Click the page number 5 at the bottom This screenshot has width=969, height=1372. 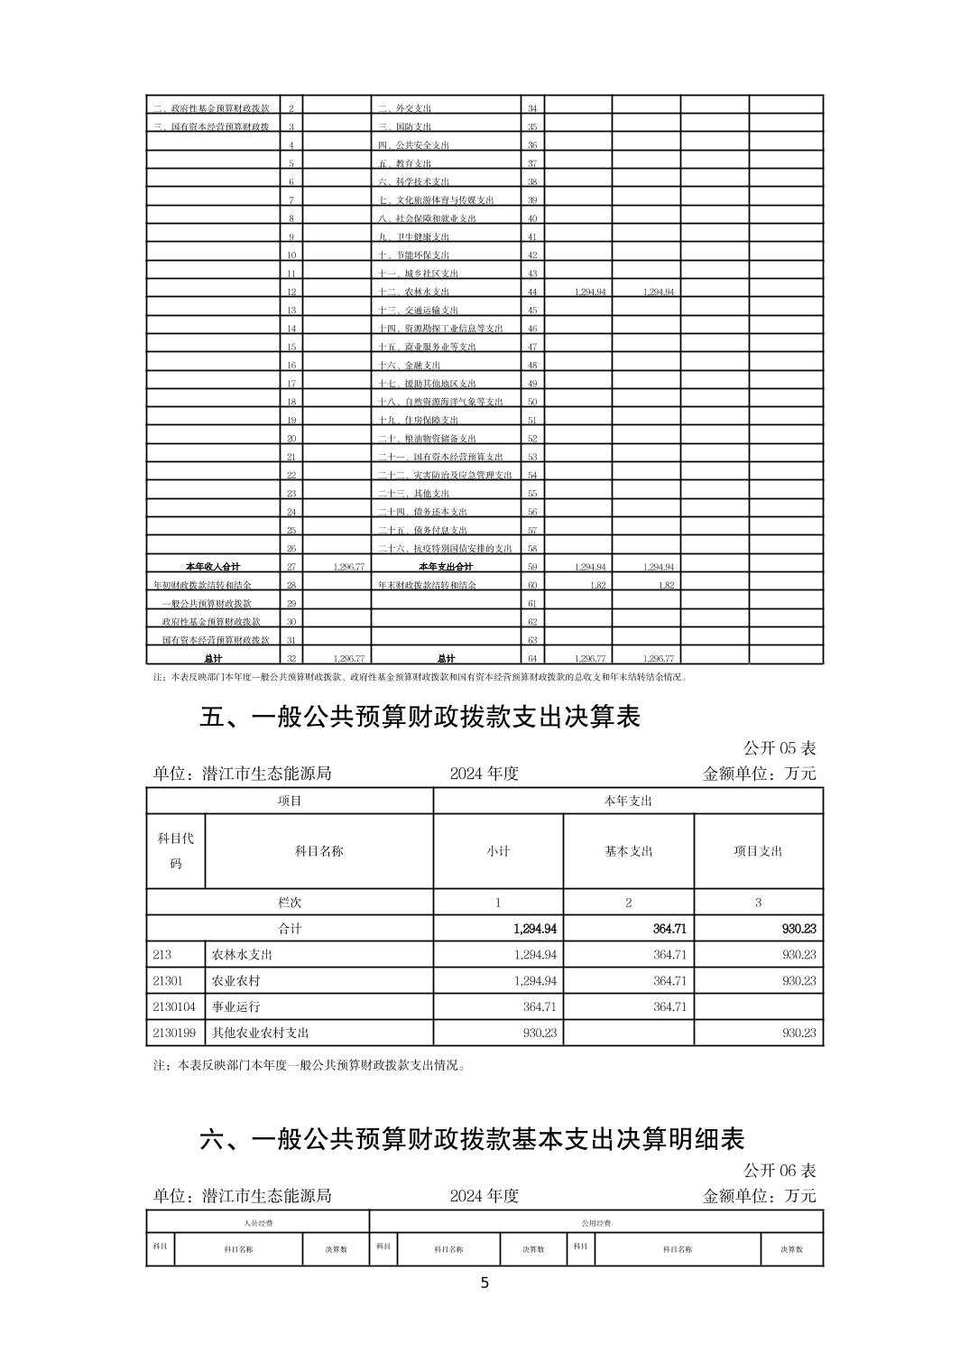484,1284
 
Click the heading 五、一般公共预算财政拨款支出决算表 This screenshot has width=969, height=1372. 420,717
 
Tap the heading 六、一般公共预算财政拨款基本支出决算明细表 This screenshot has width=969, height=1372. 472,1139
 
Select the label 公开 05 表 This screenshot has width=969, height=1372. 780,748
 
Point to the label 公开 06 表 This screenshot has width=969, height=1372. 780,1171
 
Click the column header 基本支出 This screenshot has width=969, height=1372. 628,851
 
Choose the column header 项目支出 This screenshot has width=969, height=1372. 758,851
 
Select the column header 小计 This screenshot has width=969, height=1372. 498,851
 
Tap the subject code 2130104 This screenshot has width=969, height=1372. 174,1006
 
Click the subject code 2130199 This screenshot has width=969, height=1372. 174,1033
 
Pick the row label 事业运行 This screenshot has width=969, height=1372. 235,1006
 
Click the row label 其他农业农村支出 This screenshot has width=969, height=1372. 260,1033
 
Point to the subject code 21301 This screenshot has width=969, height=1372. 168,980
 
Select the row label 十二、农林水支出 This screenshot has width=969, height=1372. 413,292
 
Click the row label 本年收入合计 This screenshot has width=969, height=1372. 212,567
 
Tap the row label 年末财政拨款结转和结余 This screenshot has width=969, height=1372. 428,585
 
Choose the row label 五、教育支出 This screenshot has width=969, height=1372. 404,163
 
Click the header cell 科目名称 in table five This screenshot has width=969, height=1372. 318,851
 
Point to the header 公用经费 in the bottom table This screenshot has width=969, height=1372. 595,1223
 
